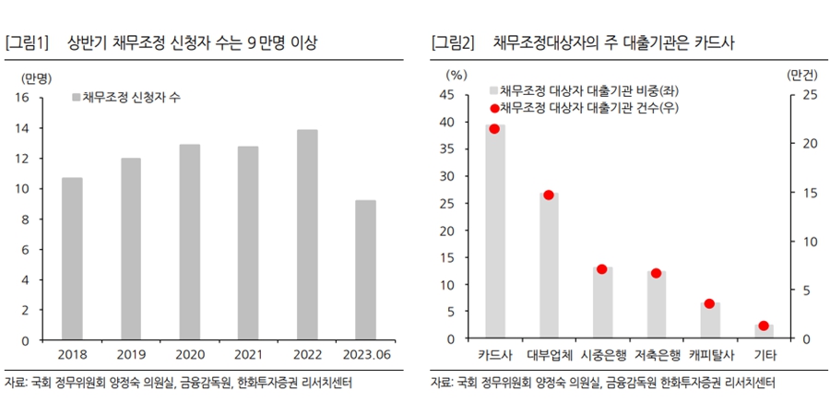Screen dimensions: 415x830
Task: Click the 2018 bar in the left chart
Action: [72, 258]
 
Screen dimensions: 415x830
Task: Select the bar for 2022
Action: [307, 234]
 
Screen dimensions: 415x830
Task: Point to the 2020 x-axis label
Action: [189, 354]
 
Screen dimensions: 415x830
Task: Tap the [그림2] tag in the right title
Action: [453, 43]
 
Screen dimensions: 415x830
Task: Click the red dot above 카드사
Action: [494, 129]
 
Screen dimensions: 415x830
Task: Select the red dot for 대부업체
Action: [549, 196]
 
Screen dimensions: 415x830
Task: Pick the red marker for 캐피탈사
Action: [709, 303]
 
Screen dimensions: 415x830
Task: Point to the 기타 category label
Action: [764, 354]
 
